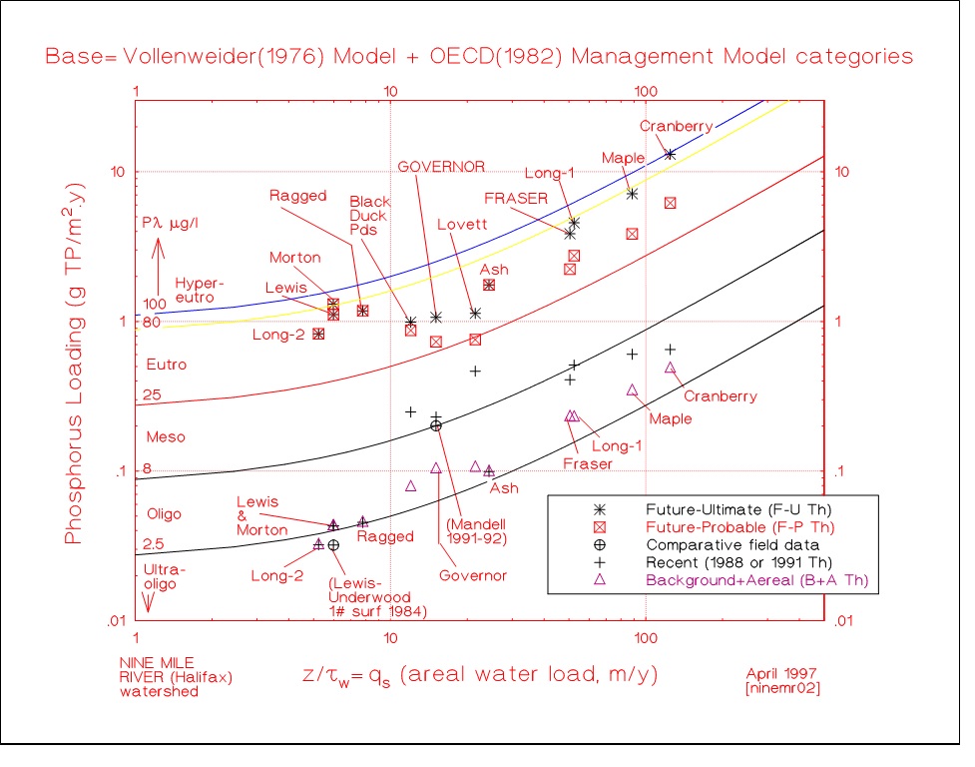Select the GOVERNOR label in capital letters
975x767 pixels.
440,166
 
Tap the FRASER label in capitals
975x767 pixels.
516,198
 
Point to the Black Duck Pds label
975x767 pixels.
369,216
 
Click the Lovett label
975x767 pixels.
462,225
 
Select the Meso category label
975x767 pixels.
166,437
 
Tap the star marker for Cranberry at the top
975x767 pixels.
670,154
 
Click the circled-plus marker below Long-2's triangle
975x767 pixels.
333,545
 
